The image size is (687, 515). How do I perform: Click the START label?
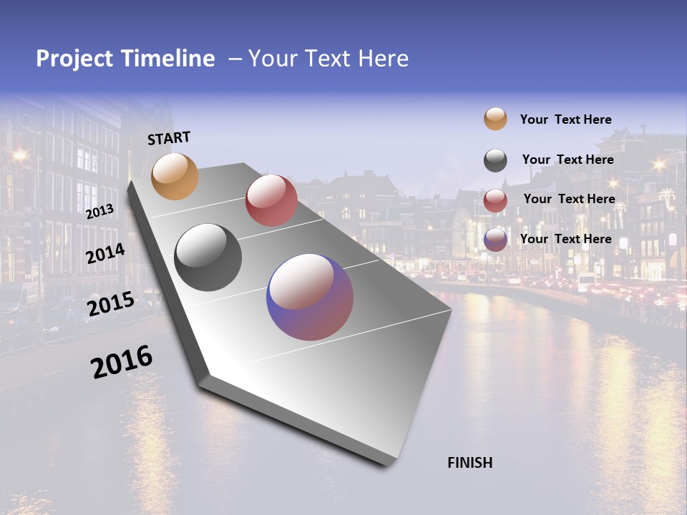point(169,138)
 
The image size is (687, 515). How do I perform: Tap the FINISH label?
point(469,463)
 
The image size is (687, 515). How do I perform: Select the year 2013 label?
point(99,212)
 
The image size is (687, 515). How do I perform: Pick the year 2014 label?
point(105,254)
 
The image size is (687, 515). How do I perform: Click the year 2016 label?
point(122,362)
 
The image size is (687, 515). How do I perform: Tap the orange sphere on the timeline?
point(175,176)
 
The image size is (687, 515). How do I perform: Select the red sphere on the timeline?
point(271,200)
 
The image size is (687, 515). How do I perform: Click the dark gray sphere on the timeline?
point(208,257)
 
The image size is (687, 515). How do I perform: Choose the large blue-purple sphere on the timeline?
point(310,297)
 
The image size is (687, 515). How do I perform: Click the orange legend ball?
point(495,119)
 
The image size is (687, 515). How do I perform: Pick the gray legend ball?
point(495,160)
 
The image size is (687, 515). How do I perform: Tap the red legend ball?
point(495,200)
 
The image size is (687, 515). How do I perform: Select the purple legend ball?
point(495,240)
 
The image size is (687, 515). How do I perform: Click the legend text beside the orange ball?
point(565,119)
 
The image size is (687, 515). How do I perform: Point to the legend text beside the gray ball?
point(567,160)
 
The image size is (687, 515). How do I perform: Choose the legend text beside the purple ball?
point(565,239)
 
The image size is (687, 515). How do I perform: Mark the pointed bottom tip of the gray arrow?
point(387,466)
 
